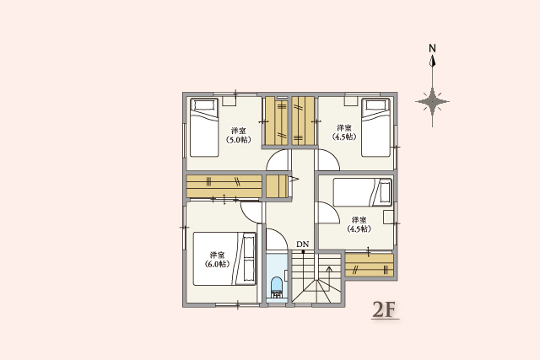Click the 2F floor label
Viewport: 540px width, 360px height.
pyautogui.click(x=384, y=309)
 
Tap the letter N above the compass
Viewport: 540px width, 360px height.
pyautogui.click(x=432, y=48)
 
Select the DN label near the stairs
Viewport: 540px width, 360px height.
pyautogui.click(x=302, y=245)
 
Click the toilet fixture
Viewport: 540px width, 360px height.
pyautogui.click(x=277, y=287)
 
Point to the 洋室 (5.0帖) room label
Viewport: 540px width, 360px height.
pyautogui.click(x=238, y=135)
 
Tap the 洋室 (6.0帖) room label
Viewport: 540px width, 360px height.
pyautogui.click(x=217, y=259)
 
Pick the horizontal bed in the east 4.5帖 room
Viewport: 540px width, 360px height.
pyautogui.click(x=362, y=191)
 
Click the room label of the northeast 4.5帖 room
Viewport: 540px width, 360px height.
pyautogui.click(x=343, y=132)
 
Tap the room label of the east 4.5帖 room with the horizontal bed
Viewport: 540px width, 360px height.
pyautogui.click(x=359, y=223)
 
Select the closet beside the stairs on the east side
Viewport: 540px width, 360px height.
pyautogui.click(x=369, y=265)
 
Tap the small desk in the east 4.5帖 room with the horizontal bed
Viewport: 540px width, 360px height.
pyautogui.click(x=388, y=217)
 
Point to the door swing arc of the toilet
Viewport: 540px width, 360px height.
pyautogui.click(x=276, y=240)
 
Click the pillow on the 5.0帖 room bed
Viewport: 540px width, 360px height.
pyautogui.click(x=202, y=105)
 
